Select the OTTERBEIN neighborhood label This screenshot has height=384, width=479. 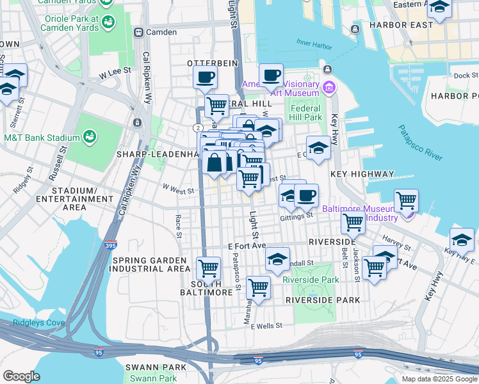click(212, 63)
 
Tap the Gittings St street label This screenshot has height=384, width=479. click(296, 216)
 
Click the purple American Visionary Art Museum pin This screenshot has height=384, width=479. click(329, 86)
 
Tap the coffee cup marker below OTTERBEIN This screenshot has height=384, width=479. click(205, 77)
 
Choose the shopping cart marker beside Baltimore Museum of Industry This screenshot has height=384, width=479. click(406, 200)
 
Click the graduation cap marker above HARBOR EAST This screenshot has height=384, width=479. click(439, 7)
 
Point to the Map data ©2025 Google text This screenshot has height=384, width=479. click(439, 379)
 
